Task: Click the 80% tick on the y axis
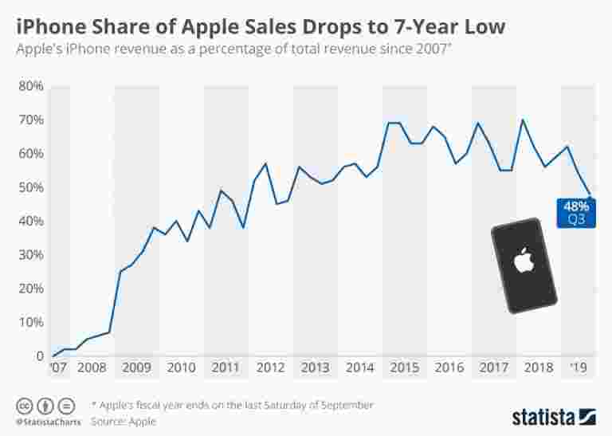(x=30, y=85)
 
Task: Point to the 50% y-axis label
(x=30, y=187)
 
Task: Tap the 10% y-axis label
(x=30, y=322)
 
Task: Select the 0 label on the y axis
(x=38, y=355)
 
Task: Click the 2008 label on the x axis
(x=92, y=368)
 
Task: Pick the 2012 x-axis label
(x=271, y=368)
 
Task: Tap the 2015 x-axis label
(x=405, y=368)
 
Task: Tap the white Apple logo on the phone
(x=523, y=261)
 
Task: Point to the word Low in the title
(x=483, y=26)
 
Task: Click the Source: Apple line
(x=124, y=421)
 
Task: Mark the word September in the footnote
(x=343, y=405)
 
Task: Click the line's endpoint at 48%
(x=590, y=194)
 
